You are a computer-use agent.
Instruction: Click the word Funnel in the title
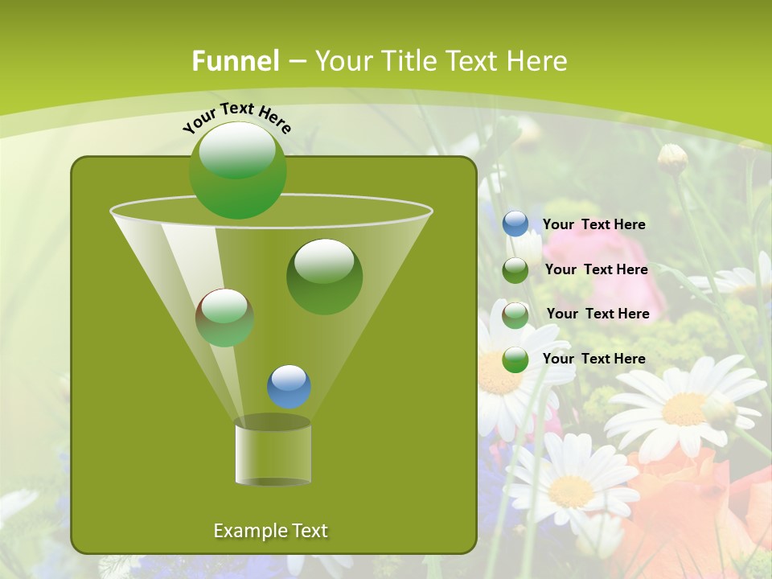(x=235, y=61)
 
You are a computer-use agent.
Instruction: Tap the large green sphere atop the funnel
(x=237, y=170)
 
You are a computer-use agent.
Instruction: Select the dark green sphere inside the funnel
(x=324, y=276)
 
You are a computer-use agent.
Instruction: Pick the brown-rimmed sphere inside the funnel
(x=224, y=317)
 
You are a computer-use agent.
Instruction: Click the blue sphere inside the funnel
(x=289, y=386)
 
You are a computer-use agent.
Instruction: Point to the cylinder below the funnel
(x=273, y=453)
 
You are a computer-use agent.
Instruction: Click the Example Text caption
(x=270, y=531)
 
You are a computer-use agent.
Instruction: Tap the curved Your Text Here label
(x=236, y=117)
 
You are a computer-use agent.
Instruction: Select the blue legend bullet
(x=515, y=224)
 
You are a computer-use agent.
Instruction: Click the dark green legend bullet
(x=515, y=269)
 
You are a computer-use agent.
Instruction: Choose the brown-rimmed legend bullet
(x=515, y=314)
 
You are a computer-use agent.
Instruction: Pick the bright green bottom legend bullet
(x=515, y=359)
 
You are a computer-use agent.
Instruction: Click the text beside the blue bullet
(x=593, y=225)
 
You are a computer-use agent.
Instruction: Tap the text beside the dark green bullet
(x=596, y=270)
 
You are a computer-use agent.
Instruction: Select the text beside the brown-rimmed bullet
(x=597, y=314)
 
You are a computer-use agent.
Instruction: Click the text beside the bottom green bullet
(x=593, y=359)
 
